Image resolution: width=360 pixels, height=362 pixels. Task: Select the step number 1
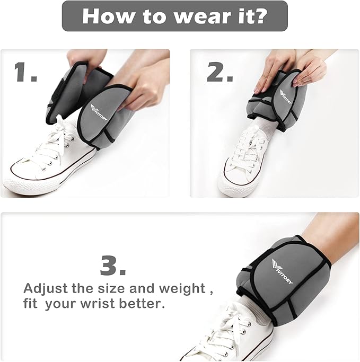click(x=25, y=72)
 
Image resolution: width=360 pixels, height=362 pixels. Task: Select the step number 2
click(x=219, y=72)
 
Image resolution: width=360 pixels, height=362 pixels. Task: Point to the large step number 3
click(x=113, y=265)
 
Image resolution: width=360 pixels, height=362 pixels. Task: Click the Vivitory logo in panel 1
click(x=99, y=112)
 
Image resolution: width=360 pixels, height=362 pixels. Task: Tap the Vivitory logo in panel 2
click(x=286, y=96)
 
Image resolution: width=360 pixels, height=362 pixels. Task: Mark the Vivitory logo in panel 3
click(x=282, y=271)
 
